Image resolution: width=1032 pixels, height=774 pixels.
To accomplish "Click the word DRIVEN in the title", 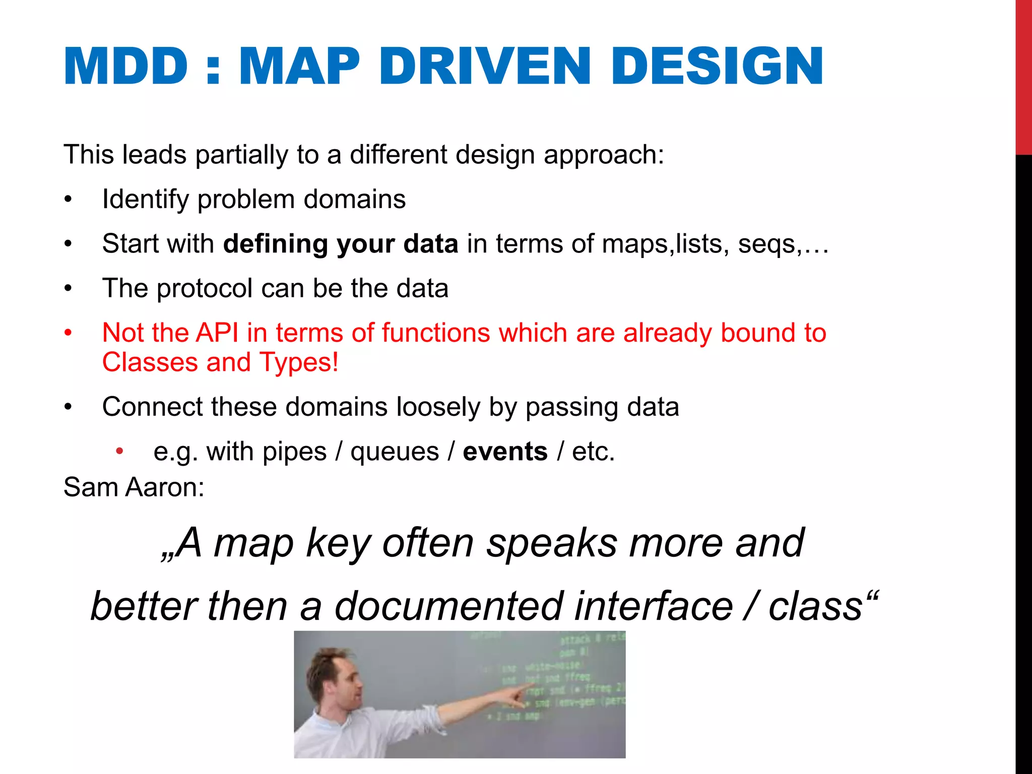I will pyautogui.click(x=484, y=67).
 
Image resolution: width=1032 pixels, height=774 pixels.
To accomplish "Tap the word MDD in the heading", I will pyautogui.click(x=126, y=67).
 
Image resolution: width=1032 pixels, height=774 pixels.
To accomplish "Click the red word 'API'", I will pyautogui.click(x=217, y=333).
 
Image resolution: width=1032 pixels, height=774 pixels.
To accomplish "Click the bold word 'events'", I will pyautogui.click(x=505, y=451).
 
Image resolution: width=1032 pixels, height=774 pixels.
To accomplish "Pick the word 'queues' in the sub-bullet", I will pyautogui.click(x=395, y=452).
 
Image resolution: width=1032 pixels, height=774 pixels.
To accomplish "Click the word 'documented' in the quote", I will pyautogui.click(x=448, y=606).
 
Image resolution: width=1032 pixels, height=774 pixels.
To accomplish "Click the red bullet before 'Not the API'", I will pyautogui.click(x=69, y=333).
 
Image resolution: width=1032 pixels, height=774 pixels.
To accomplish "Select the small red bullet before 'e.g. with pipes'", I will pyautogui.click(x=119, y=451).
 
